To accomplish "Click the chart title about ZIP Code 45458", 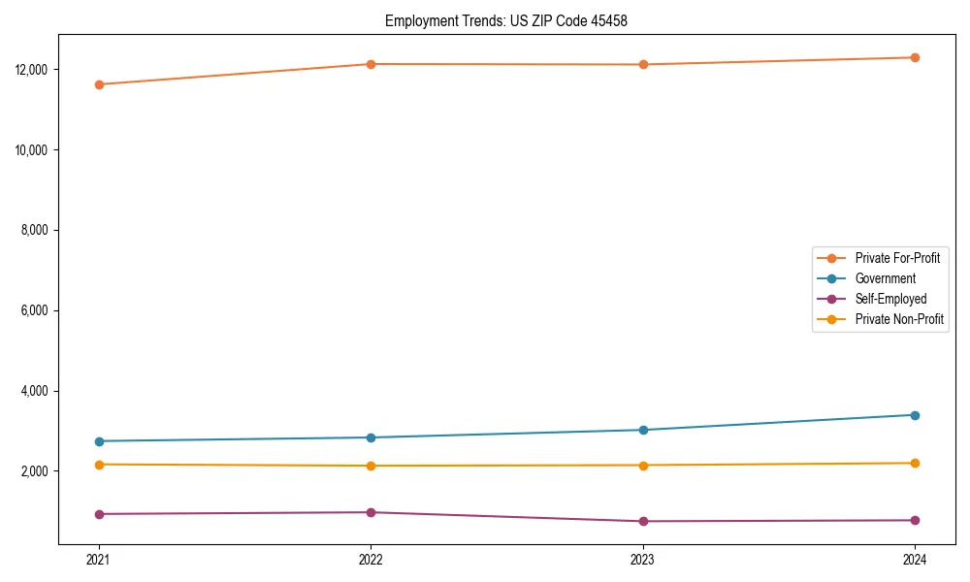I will tap(506, 20).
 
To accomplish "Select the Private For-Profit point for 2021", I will tap(99, 84).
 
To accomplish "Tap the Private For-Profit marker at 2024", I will tap(915, 57).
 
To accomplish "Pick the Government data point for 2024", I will tap(915, 415).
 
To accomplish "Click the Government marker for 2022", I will tap(371, 437).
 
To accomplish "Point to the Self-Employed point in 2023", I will tap(643, 522).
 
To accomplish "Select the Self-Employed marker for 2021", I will tap(99, 514).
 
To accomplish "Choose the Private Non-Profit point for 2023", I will tap(643, 466).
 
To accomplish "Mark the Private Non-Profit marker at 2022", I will tap(371, 466).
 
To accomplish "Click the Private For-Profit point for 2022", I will tap(371, 64).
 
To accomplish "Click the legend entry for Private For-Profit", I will tap(897, 258).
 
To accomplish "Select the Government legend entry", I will tap(885, 278).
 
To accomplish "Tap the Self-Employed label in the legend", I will tap(890, 299).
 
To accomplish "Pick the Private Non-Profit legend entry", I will tap(899, 319).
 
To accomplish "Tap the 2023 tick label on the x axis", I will tap(643, 559).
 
